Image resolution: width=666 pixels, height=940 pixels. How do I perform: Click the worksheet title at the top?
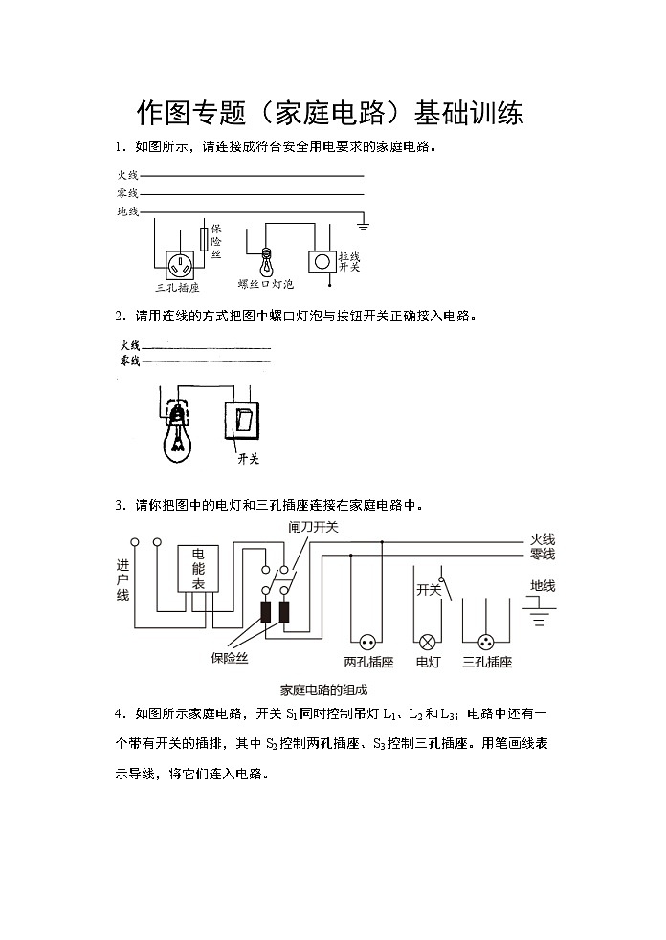[331, 114]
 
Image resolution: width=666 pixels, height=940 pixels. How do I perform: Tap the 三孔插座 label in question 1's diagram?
[177, 287]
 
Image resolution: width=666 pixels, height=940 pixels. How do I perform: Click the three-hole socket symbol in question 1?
[180, 263]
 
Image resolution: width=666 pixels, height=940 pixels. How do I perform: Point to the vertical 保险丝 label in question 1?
[216, 242]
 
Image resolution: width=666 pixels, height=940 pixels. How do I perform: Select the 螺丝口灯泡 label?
[266, 284]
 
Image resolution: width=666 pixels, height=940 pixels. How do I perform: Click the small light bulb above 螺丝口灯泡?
[267, 261]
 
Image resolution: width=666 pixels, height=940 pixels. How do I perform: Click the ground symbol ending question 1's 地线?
[363, 226]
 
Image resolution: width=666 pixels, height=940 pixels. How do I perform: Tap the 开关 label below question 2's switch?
[248, 459]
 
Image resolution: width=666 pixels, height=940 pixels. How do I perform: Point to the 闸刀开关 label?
[313, 527]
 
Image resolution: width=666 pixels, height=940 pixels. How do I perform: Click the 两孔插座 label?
[368, 662]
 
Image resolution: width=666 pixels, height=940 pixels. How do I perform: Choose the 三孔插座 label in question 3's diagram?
[486, 662]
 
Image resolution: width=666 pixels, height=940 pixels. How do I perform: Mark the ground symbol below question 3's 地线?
[541, 612]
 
